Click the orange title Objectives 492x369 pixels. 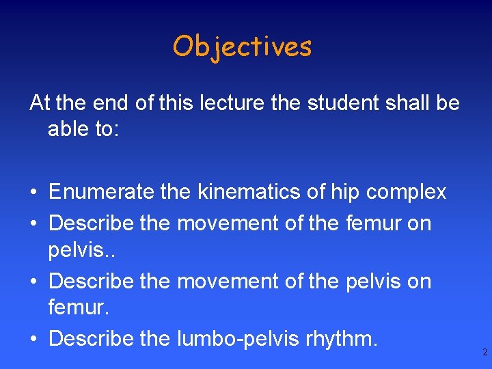point(242,46)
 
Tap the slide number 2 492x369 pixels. point(484,353)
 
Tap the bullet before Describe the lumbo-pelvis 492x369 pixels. point(33,338)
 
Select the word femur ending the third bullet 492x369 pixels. point(76,309)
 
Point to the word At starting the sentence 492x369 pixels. point(40,103)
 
